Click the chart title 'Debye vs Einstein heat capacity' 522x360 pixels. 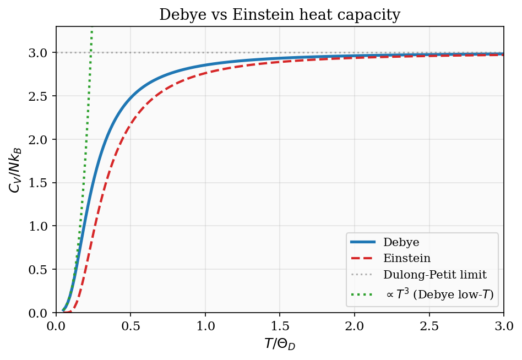coord(280,15)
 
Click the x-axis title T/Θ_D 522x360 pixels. coord(280,345)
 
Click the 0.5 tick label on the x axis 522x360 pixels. coord(130,327)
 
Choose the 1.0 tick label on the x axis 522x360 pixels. coord(205,327)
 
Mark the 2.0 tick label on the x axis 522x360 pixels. coord(355,327)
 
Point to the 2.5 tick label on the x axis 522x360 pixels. coord(429,327)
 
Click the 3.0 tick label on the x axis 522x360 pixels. coord(503,327)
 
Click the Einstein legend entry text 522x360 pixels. coord(406,258)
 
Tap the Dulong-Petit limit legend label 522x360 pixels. coord(435,274)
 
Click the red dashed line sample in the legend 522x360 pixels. coord(363,258)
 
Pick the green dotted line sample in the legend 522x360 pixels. coord(363,296)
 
